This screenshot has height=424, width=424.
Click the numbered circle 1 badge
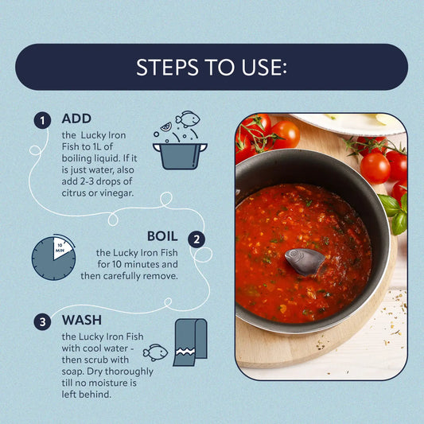coord(42,120)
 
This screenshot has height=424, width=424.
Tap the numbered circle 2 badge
coord(196,239)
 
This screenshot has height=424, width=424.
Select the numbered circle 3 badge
coord(42,322)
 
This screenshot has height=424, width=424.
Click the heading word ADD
coord(76,119)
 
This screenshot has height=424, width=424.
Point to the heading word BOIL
coord(162,236)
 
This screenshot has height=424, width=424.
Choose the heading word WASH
coord(82,320)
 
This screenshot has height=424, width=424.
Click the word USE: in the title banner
coord(264,67)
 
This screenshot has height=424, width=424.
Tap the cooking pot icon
coord(180,156)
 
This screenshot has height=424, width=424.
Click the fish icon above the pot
coord(188,119)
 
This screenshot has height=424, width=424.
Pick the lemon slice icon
coord(166,126)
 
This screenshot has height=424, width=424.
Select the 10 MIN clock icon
coord(54,257)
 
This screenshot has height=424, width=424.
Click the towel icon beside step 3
coord(190,343)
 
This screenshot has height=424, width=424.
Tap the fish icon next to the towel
coord(155,352)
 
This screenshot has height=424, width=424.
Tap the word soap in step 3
coord(72,371)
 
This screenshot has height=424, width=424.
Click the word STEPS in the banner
coord(167,67)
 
